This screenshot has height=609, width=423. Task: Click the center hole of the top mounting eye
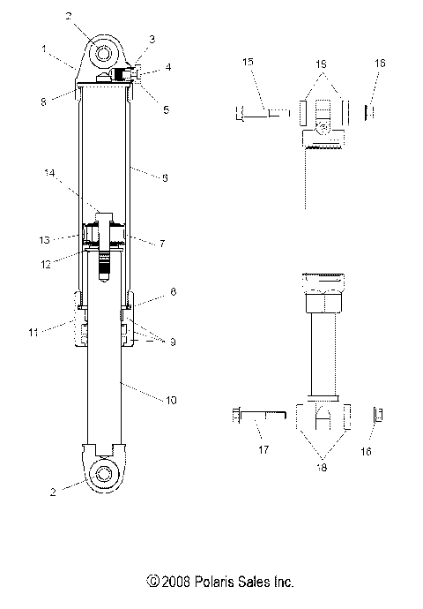105,52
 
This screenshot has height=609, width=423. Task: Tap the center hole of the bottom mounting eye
105,473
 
